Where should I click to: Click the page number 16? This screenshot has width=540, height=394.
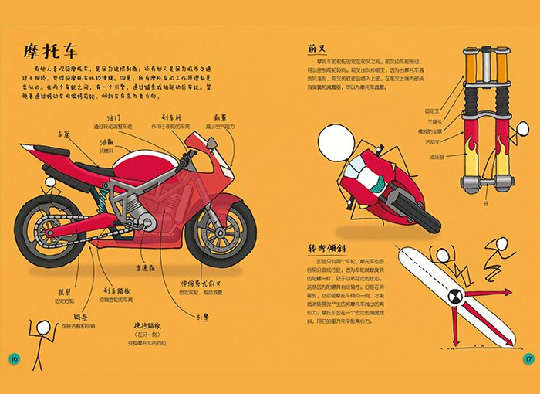pyautogui.click(x=13, y=358)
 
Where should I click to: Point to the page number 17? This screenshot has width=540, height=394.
pyautogui.click(x=527, y=358)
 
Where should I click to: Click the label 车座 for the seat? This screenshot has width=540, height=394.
pyautogui.click(x=63, y=134)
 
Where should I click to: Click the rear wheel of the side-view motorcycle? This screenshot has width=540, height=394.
pyautogui.click(x=49, y=233)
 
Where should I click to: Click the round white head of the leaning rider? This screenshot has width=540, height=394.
pyautogui.click(x=335, y=142)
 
